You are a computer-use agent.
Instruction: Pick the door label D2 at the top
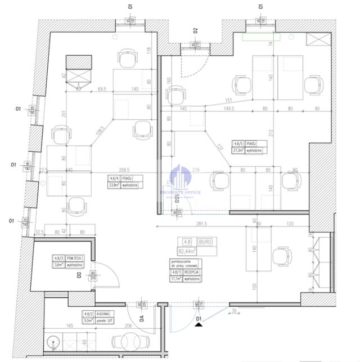coord(195,31)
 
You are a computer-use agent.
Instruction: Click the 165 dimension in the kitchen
coord(70,325)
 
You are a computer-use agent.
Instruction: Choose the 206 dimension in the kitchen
coord(129,325)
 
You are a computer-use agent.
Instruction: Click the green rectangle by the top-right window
coord(261,37)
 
